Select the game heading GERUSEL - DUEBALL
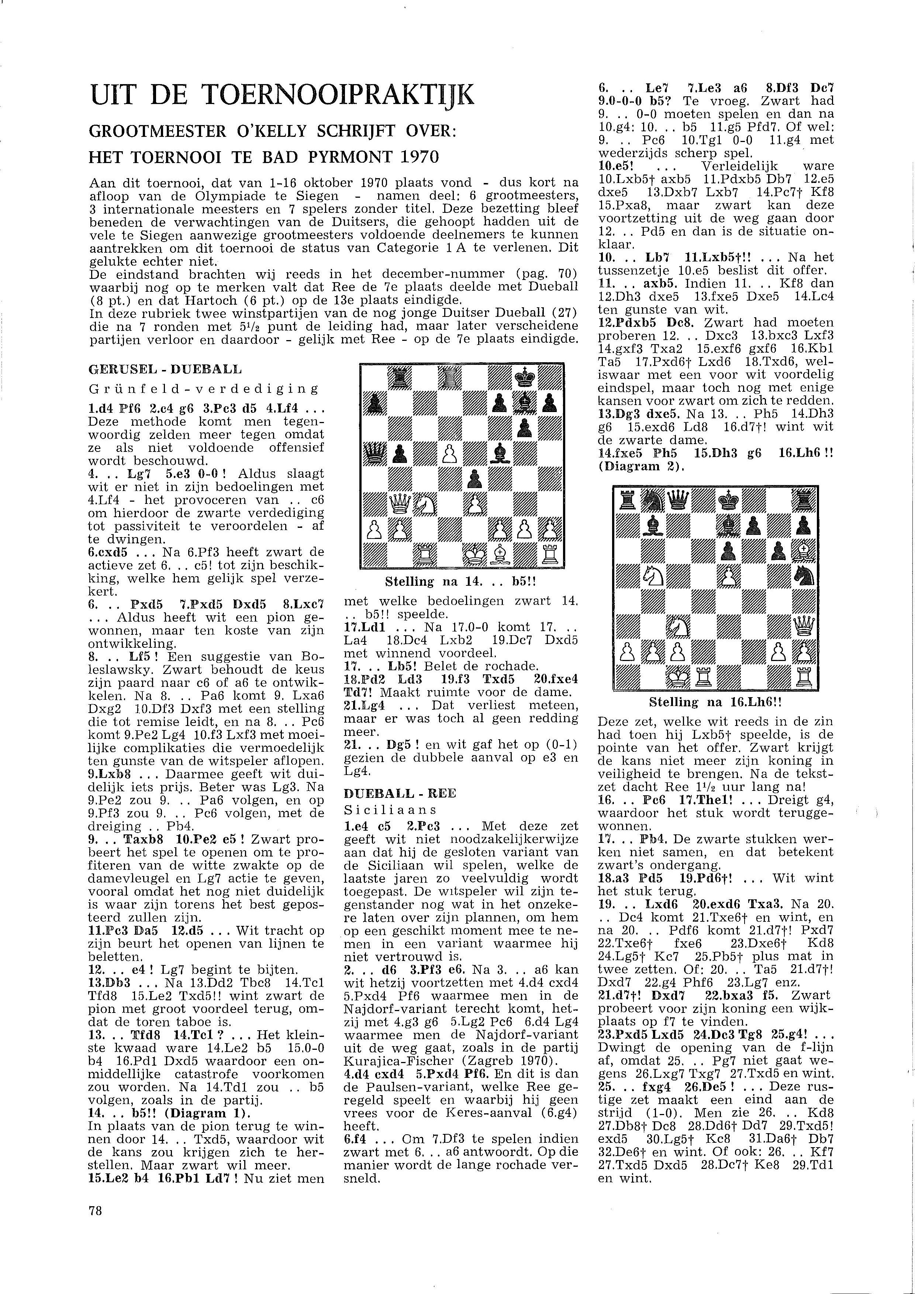(165, 370)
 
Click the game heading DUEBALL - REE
(400, 793)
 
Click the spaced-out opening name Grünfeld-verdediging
(204, 389)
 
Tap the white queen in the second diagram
(805, 624)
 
